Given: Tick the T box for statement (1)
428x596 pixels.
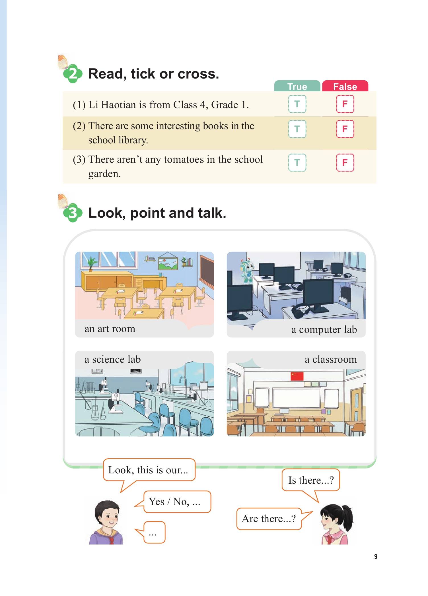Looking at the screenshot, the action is tap(297, 104).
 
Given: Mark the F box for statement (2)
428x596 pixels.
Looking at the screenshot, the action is tap(345, 129).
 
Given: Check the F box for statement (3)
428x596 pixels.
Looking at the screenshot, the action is tap(345, 162).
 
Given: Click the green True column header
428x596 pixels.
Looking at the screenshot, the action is tap(297, 86).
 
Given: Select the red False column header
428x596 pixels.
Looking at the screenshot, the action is tap(345, 86).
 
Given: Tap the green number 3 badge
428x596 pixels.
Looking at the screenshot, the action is tap(73, 213).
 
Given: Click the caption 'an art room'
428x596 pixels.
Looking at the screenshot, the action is tap(110, 329).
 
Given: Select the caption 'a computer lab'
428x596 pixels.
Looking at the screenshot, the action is tap(324, 329).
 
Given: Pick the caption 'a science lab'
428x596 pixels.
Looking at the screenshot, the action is tap(113, 359).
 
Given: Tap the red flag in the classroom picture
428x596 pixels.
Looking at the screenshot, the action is tap(297, 376).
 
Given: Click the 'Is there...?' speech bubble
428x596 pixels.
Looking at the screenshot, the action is tap(311, 480).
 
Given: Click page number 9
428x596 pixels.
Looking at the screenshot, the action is tap(376, 557).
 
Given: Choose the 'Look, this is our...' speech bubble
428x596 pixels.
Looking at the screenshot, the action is tap(149, 470).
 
